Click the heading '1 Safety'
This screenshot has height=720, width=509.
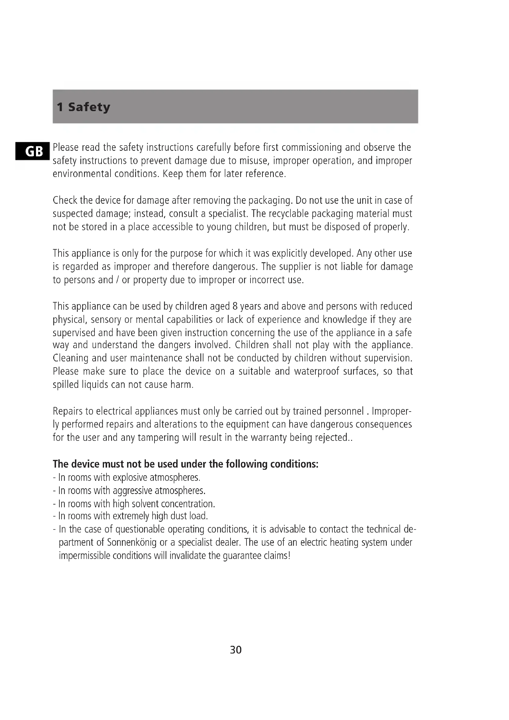tap(83, 107)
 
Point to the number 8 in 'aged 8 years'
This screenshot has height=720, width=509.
tap(235, 306)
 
